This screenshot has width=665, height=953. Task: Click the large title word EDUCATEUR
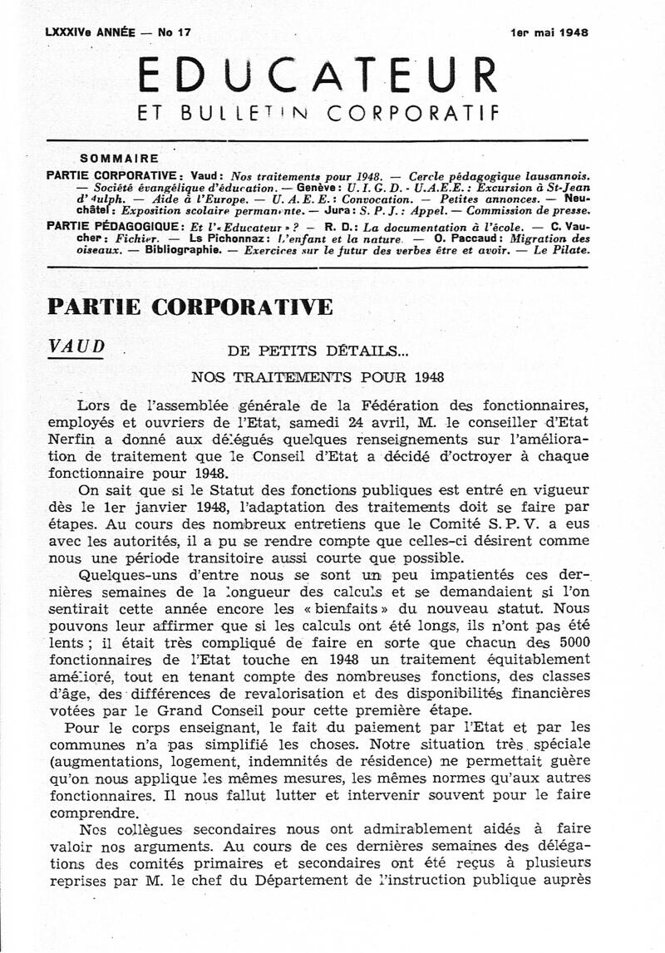point(318,76)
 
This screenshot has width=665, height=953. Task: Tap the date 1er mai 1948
point(549,33)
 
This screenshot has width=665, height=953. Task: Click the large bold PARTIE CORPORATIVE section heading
point(190,307)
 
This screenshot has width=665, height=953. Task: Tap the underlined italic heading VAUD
point(77,346)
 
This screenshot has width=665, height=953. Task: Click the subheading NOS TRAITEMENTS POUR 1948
point(317,376)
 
